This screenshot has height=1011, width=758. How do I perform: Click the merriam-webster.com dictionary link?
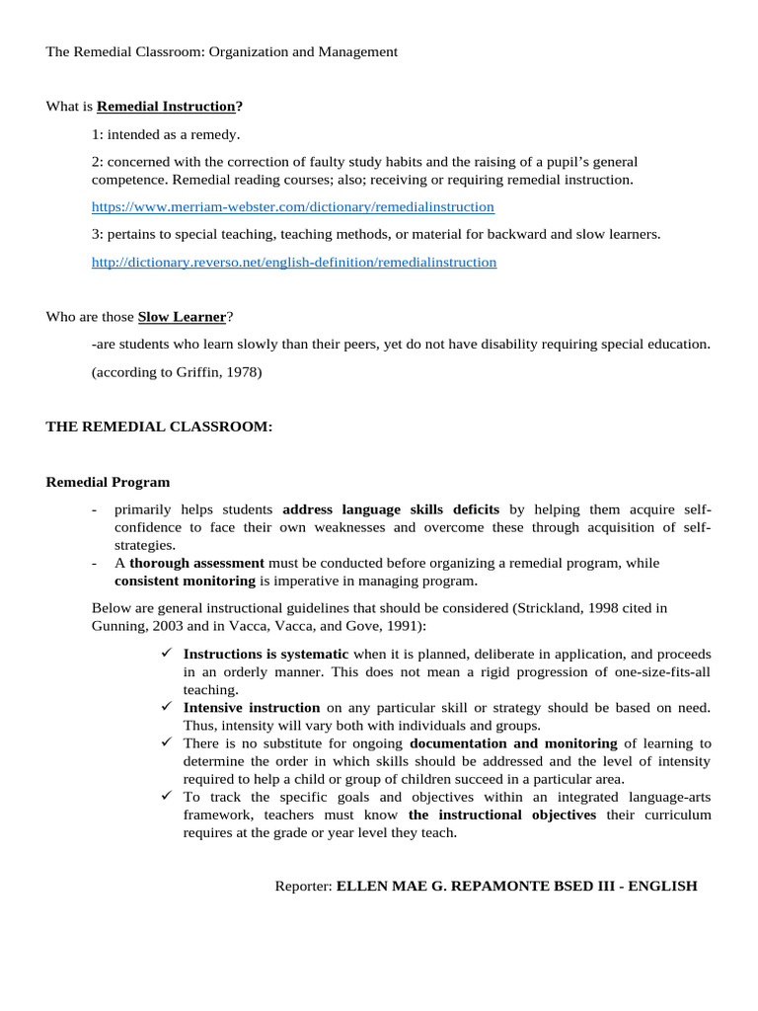click(292, 207)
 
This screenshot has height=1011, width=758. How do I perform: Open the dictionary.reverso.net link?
click(293, 263)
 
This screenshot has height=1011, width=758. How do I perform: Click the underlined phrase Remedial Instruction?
click(166, 107)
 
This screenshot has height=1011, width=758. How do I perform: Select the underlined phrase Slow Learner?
click(182, 317)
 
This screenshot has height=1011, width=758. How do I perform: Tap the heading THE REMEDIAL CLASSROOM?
click(159, 427)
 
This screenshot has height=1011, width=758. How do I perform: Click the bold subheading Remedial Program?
click(108, 483)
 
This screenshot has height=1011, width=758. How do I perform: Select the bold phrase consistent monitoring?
click(185, 581)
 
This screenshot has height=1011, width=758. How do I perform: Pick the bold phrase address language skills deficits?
click(391, 510)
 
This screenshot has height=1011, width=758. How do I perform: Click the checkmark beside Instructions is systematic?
click(167, 654)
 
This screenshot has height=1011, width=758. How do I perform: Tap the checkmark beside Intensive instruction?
click(167, 707)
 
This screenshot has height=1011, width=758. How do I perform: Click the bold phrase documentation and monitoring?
click(513, 743)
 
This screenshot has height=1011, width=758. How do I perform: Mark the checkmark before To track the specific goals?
click(167, 796)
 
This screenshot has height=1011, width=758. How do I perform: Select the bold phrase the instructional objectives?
click(501, 816)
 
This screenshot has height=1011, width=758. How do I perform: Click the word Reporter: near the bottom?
click(303, 887)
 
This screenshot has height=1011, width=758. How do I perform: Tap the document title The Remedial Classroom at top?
click(221, 51)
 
